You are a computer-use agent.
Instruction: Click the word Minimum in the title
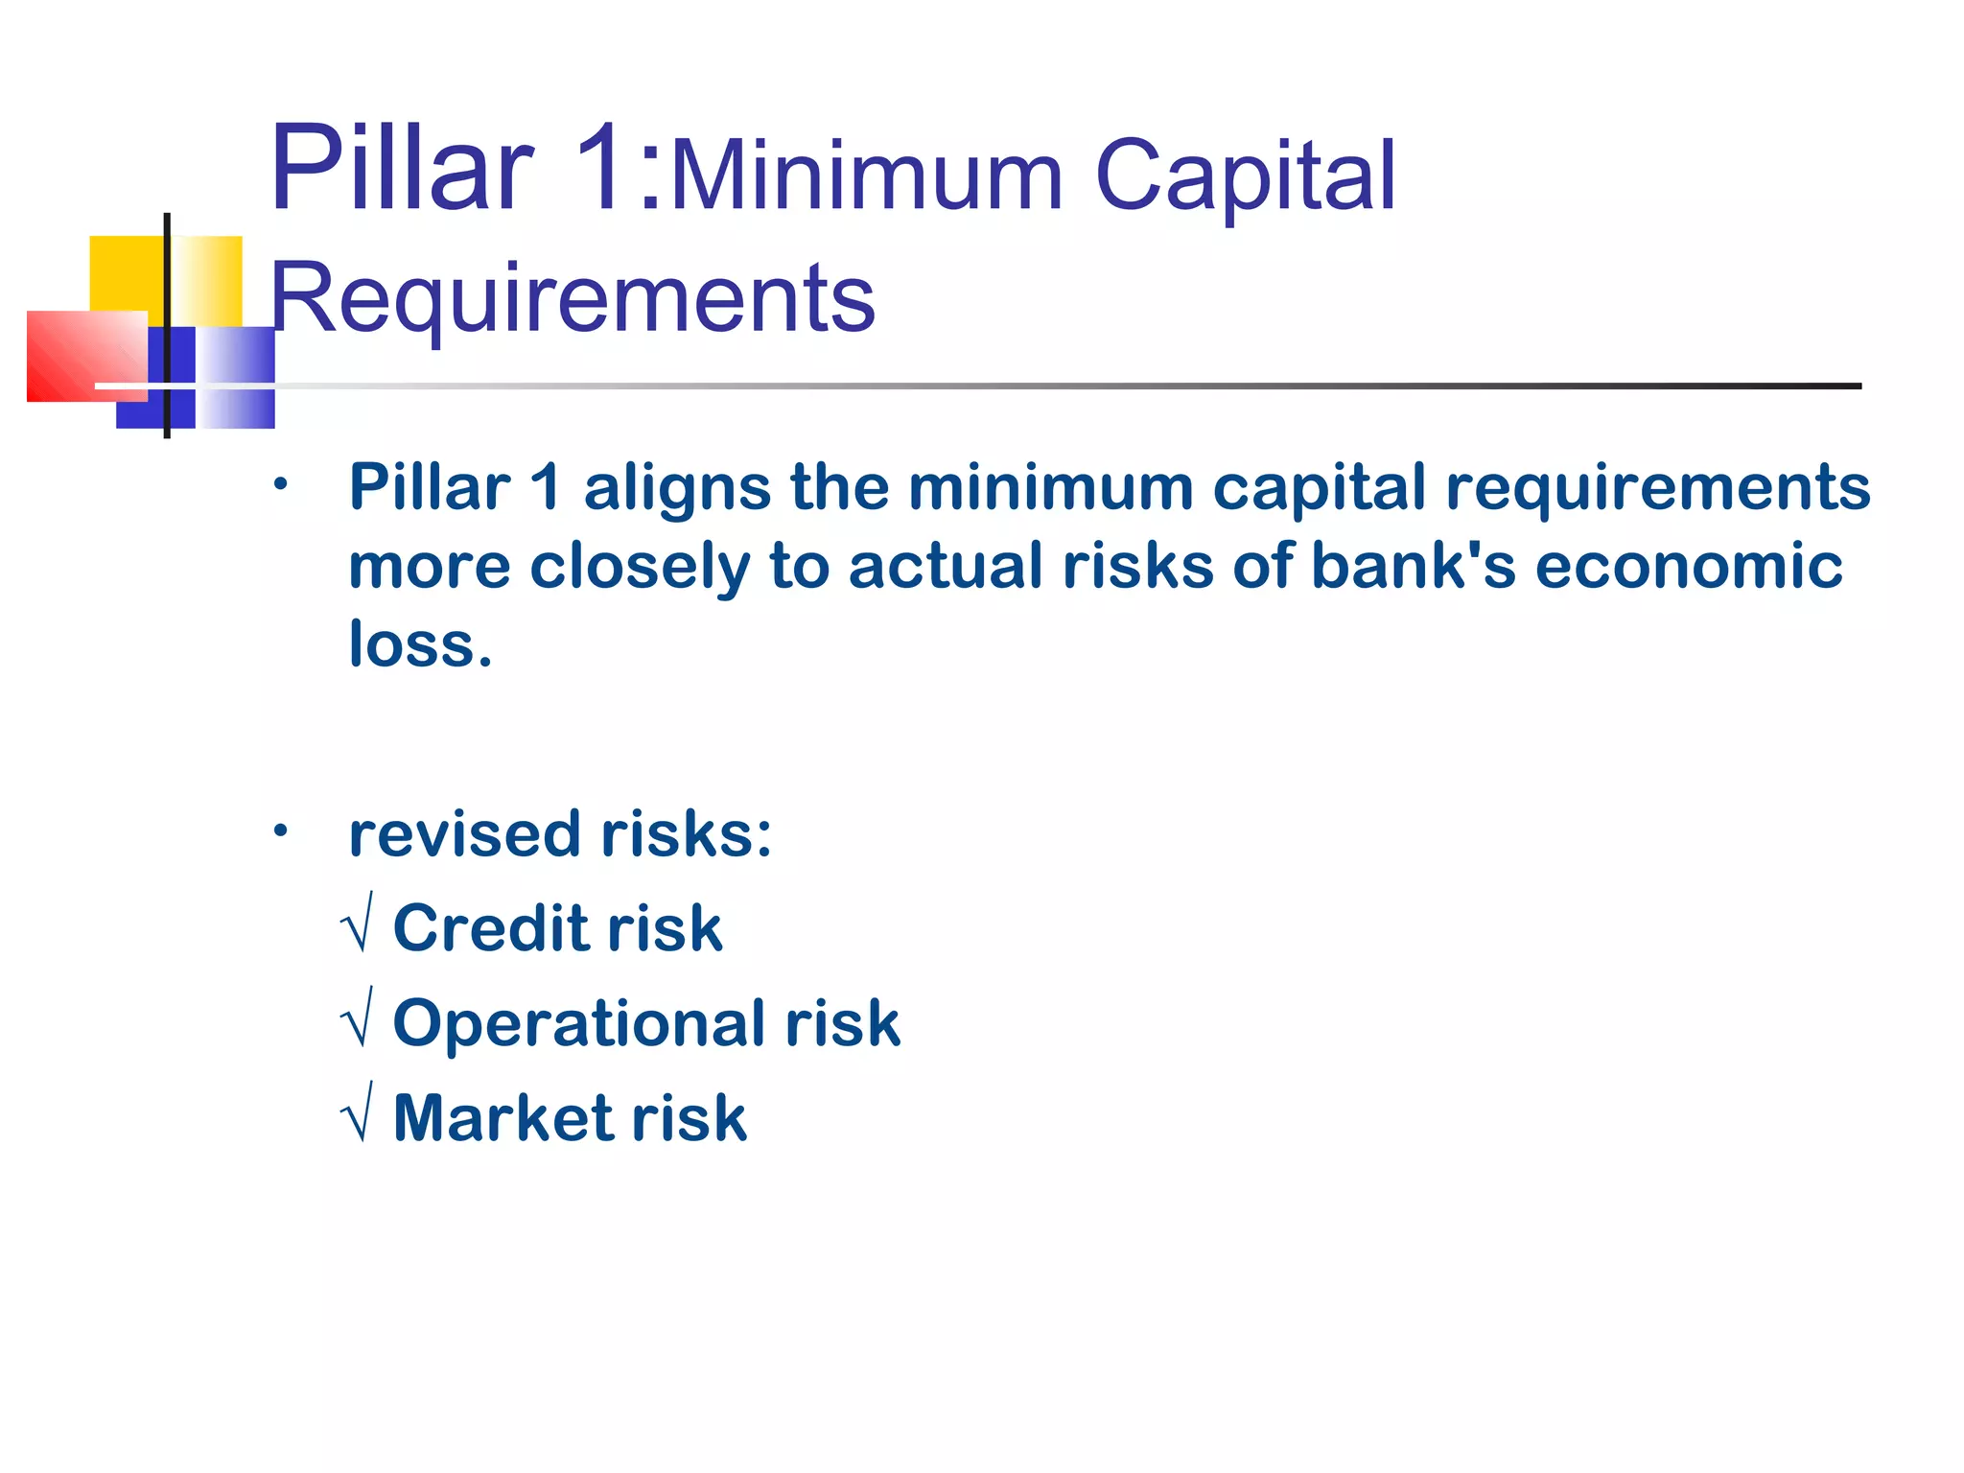867,175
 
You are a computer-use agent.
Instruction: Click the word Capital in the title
1245,175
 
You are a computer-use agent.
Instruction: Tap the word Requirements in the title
573,298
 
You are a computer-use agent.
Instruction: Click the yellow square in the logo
128,273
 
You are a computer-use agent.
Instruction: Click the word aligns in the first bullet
677,487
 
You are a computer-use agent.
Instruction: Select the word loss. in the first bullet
420,644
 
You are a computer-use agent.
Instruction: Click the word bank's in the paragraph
1413,566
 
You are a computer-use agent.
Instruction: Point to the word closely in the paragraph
640,566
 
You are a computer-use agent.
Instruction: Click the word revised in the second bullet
465,834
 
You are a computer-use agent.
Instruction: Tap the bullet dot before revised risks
279,830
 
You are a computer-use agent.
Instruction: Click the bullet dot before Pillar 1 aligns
279,484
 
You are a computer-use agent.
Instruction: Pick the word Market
503,1118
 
